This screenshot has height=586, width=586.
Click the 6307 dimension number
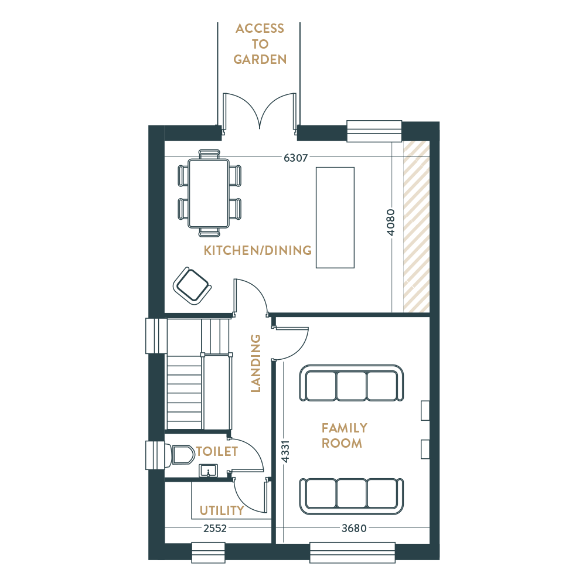(x=295, y=158)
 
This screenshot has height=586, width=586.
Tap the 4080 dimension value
(x=390, y=222)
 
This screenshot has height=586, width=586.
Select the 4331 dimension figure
(x=285, y=452)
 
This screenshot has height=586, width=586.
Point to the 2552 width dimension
(x=215, y=529)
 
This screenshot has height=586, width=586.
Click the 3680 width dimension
(x=354, y=529)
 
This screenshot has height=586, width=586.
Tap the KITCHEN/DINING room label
(x=257, y=250)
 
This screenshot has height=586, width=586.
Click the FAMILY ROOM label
(x=344, y=435)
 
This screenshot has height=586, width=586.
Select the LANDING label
(x=255, y=363)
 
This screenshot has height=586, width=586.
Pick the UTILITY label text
(x=222, y=510)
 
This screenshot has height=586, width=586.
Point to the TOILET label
(x=217, y=451)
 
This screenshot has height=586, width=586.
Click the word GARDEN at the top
(x=260, y=59)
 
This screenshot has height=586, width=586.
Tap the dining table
(x=209, y=193)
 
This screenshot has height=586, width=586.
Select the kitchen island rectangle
(x=335, y=217)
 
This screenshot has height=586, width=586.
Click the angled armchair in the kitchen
(x=192, y=286)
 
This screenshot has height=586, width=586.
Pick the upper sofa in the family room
(x=351, y=383)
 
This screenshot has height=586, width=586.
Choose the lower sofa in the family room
(x=351, y=496)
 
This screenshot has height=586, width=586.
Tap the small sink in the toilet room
(x=208, y=471)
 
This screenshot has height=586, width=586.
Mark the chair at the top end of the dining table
(x=209, y=154)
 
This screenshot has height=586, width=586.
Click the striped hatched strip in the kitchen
(x=416, y=227)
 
